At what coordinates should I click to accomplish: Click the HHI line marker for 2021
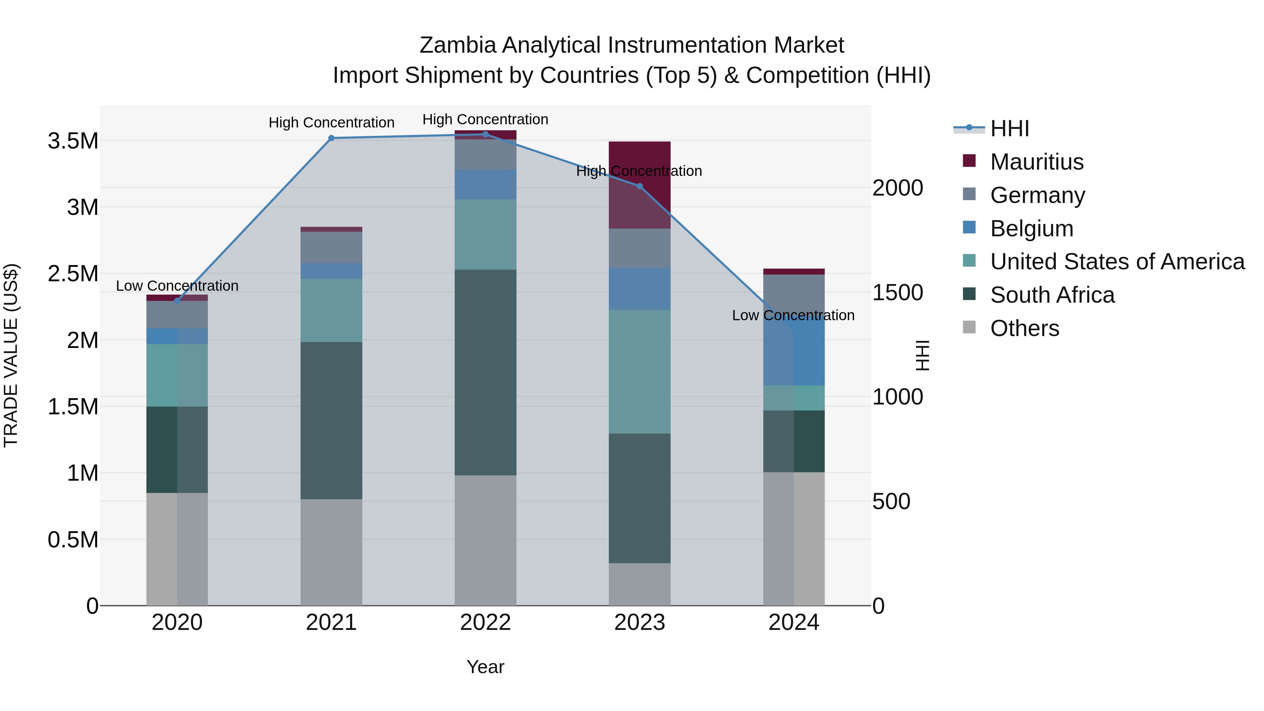pyautogui.click(x=331, y=138)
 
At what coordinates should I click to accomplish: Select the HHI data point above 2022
pyautogui.click(x=485, y=134)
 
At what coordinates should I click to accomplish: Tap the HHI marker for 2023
pyautogui.click(x=639, y=186)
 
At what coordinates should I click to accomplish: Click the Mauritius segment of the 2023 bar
pyautogui.click(x=639, y=196)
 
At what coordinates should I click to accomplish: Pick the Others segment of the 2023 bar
pyautogui.click(x=639, y=584)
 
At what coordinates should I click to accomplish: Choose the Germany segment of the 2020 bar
pyautogui.click(x=177, y=315)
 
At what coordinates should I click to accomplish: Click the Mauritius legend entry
pyautogui.click(x=1036, y=162)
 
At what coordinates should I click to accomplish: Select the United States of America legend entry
pyautogui.click(x=1117, y=262)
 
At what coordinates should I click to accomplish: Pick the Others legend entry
pyautogui.click(x=1025, y=328)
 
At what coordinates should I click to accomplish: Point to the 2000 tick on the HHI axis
pyautogui.click(x=897, y=188)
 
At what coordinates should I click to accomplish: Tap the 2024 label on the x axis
pyautogui.click(x=794, y=623)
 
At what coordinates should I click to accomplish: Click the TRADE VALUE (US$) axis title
pyautogui.click(x=11, y=355)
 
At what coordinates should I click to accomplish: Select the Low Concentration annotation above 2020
pyautogui.click(x=177, y=285)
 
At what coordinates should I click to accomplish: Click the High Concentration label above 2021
pyautogui.click(x=331, y=122)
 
